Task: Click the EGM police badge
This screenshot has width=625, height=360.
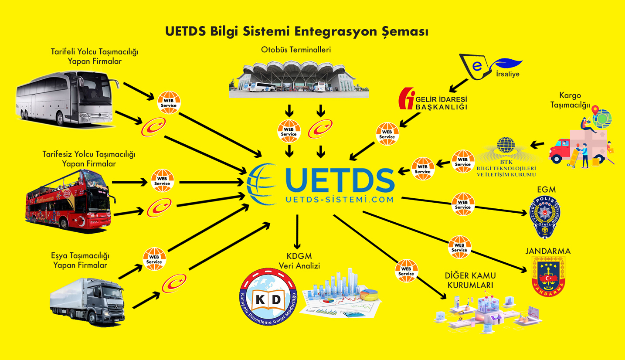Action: point(544,217)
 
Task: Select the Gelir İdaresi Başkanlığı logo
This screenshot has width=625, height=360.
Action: point(434,99)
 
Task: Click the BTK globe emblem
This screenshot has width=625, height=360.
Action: point(506,146)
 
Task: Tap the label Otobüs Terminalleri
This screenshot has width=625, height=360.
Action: point(296,50)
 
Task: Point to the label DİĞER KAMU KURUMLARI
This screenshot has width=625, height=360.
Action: point(470,281)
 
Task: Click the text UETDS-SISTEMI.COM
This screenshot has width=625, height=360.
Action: point(339,200)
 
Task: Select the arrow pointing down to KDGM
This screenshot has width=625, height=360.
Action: point(297,231)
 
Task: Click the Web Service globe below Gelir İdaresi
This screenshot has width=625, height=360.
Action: point(387,134)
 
